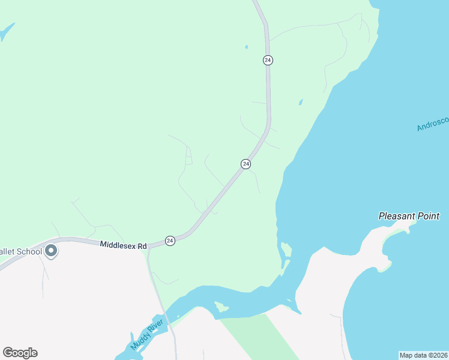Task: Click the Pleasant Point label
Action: click(409, 216)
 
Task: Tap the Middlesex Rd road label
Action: click(123, 245)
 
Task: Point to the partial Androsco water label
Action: click(433, 124)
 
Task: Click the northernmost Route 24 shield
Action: click(268, 60)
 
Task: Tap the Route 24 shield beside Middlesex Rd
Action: click(170, 241)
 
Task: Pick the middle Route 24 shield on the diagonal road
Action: click(246, 164)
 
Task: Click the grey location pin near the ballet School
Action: click(51, 251)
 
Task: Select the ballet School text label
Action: click(21, 251)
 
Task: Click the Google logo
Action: click(20, 353)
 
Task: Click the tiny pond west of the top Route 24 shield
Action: click(246, 46)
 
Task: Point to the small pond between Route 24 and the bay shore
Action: click(301, 102)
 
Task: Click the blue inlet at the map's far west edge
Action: click(7, 31)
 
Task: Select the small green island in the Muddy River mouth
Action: click(221, 308)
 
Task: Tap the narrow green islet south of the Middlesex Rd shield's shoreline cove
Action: click(286, 248)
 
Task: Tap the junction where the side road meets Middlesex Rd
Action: click(148, 247)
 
